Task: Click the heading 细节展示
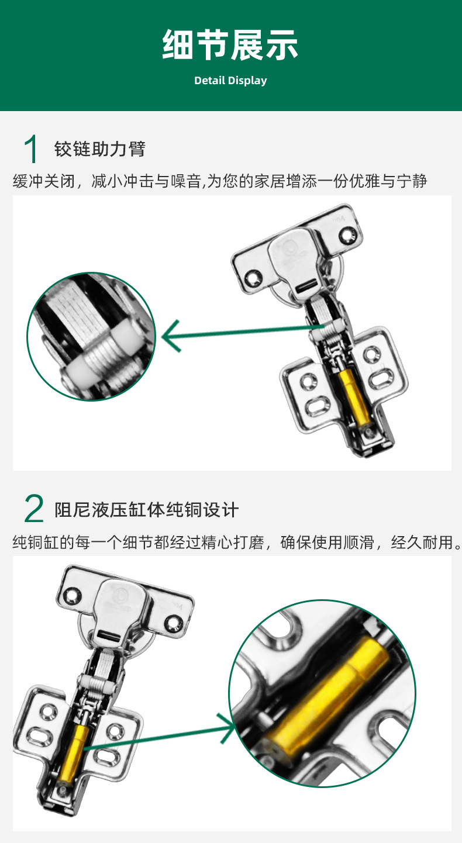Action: pos(230,46)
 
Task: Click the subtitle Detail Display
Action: pos(230,81)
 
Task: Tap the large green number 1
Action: pos(32,149)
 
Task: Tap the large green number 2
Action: pos(34,509)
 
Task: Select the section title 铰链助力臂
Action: pos(99,149)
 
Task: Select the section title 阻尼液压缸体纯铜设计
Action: pos(146,509)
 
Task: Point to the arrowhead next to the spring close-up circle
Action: pos(170,338)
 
